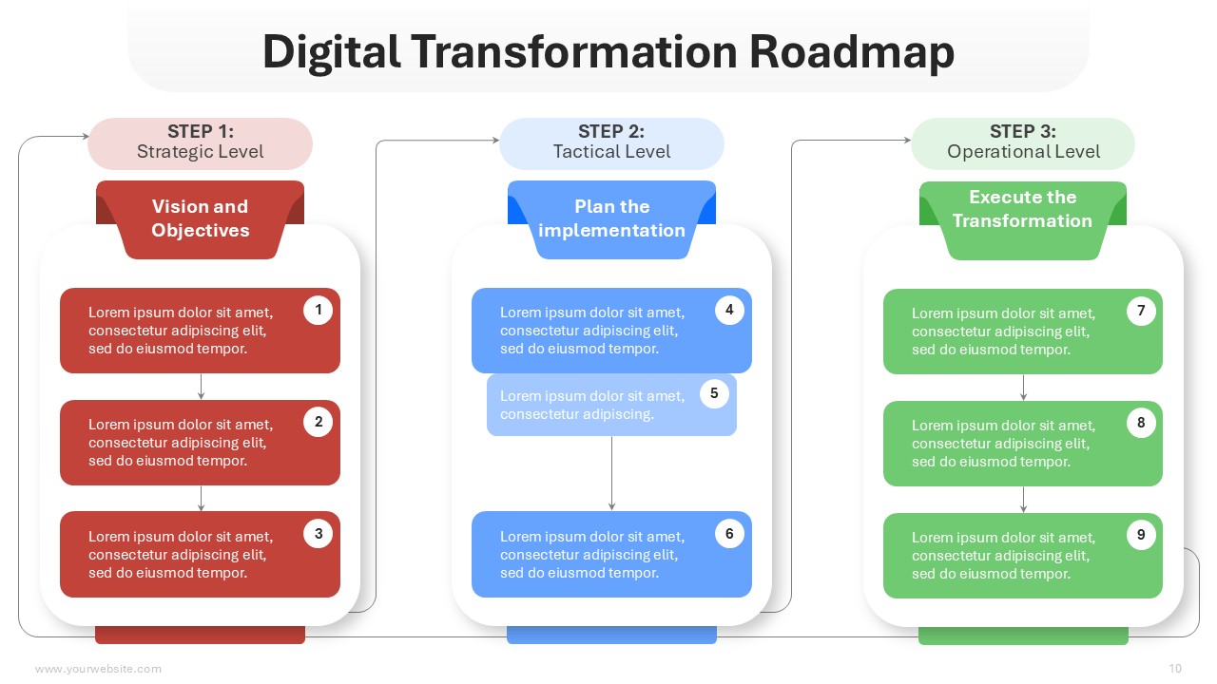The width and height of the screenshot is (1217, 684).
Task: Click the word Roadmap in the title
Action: [x=851, y=52]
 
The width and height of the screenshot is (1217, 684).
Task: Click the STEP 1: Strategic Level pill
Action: [x=200, y=143]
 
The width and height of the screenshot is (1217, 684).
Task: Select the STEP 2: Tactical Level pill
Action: [x=611, y=143]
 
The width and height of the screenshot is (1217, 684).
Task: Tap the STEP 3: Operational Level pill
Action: [x=1023, y=143]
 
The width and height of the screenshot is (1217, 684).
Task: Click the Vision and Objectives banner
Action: [x=200, y=219]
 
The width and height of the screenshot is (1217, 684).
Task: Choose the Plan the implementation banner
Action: [x=611, y=219]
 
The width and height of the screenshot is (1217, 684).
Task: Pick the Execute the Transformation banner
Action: [x=1023, y=219]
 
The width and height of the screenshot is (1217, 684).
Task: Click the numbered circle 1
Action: [x=318, y=310]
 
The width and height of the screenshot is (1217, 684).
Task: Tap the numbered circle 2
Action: [x=318, y=422]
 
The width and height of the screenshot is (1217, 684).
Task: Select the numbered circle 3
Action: [x=318, y=534]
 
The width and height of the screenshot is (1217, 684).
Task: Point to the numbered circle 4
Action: [x=729, y=310]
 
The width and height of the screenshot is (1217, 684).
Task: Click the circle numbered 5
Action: [x=714, y=393]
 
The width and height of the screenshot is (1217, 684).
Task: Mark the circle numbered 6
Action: [x=729, y=534]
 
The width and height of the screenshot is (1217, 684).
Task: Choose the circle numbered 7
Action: [x=1141, y=311]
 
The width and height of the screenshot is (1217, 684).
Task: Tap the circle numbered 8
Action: [x=1141, y=423]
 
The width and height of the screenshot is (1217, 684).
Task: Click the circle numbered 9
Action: [x=1141, y=535]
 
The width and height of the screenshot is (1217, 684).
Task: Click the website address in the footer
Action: [x=98, y=669]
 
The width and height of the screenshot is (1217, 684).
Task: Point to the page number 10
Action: [x=1175, y=668]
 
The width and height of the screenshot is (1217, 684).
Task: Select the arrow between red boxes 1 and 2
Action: [x=201, y=387]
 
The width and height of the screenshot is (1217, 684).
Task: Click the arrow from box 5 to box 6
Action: [x=611, y=473]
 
